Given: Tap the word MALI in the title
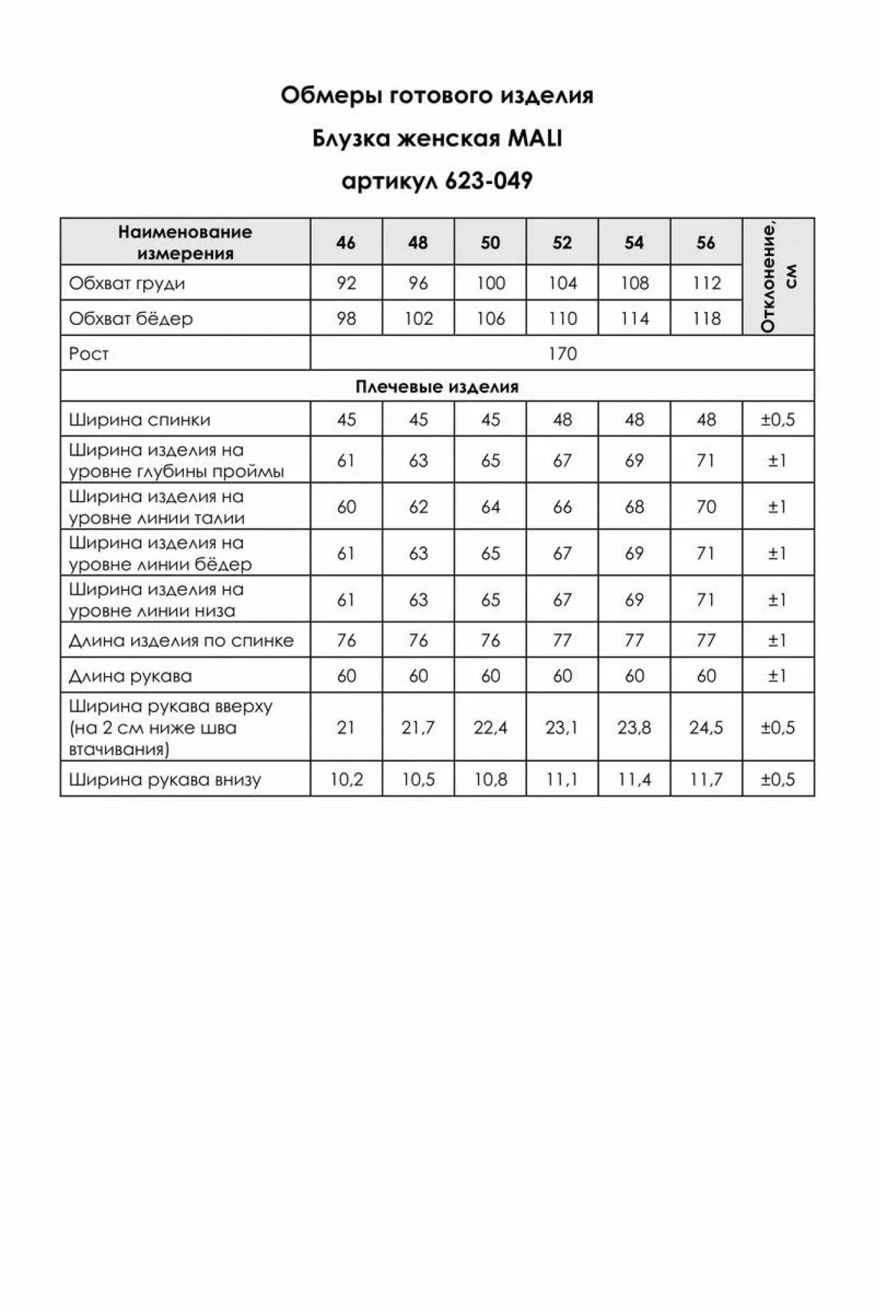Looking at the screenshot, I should pos(535,139).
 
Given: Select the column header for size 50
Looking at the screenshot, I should pos(490,243).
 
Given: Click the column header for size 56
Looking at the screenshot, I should pos(706,243).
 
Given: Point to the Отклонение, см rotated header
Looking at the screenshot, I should pos(778,277).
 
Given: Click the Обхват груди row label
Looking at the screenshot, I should pos(127,284).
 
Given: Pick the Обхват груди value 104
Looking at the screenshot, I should pos(563,284).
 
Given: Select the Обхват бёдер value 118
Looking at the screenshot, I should pos(706,319).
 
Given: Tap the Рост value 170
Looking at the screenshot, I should pos(563,354).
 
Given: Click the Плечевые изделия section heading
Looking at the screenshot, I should pos(437,387).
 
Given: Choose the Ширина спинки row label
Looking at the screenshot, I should pos(139,420).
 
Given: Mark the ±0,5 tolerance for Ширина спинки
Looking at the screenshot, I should pos(778,420).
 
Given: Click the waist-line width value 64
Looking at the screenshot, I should pos(490,507).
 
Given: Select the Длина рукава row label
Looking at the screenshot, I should pos(130,676).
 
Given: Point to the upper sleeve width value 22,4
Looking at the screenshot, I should pos(490,727).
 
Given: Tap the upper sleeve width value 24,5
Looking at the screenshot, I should pos(706,727).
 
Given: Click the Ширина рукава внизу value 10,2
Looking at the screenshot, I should pos(347,780).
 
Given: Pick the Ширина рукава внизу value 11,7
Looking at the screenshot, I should pos(706,780).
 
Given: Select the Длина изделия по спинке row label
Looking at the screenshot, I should pos(181,641).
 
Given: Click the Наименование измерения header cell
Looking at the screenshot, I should pos(185,242).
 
